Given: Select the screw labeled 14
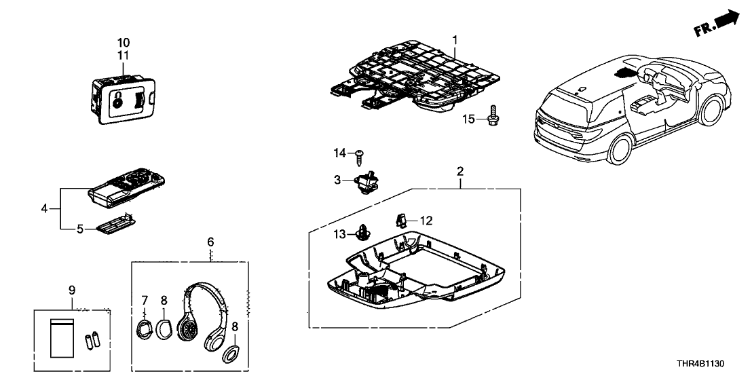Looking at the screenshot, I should [x=359, y=155].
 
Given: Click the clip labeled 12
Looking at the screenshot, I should [x=400, y=219].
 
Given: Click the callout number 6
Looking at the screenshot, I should [x=210, y=242].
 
